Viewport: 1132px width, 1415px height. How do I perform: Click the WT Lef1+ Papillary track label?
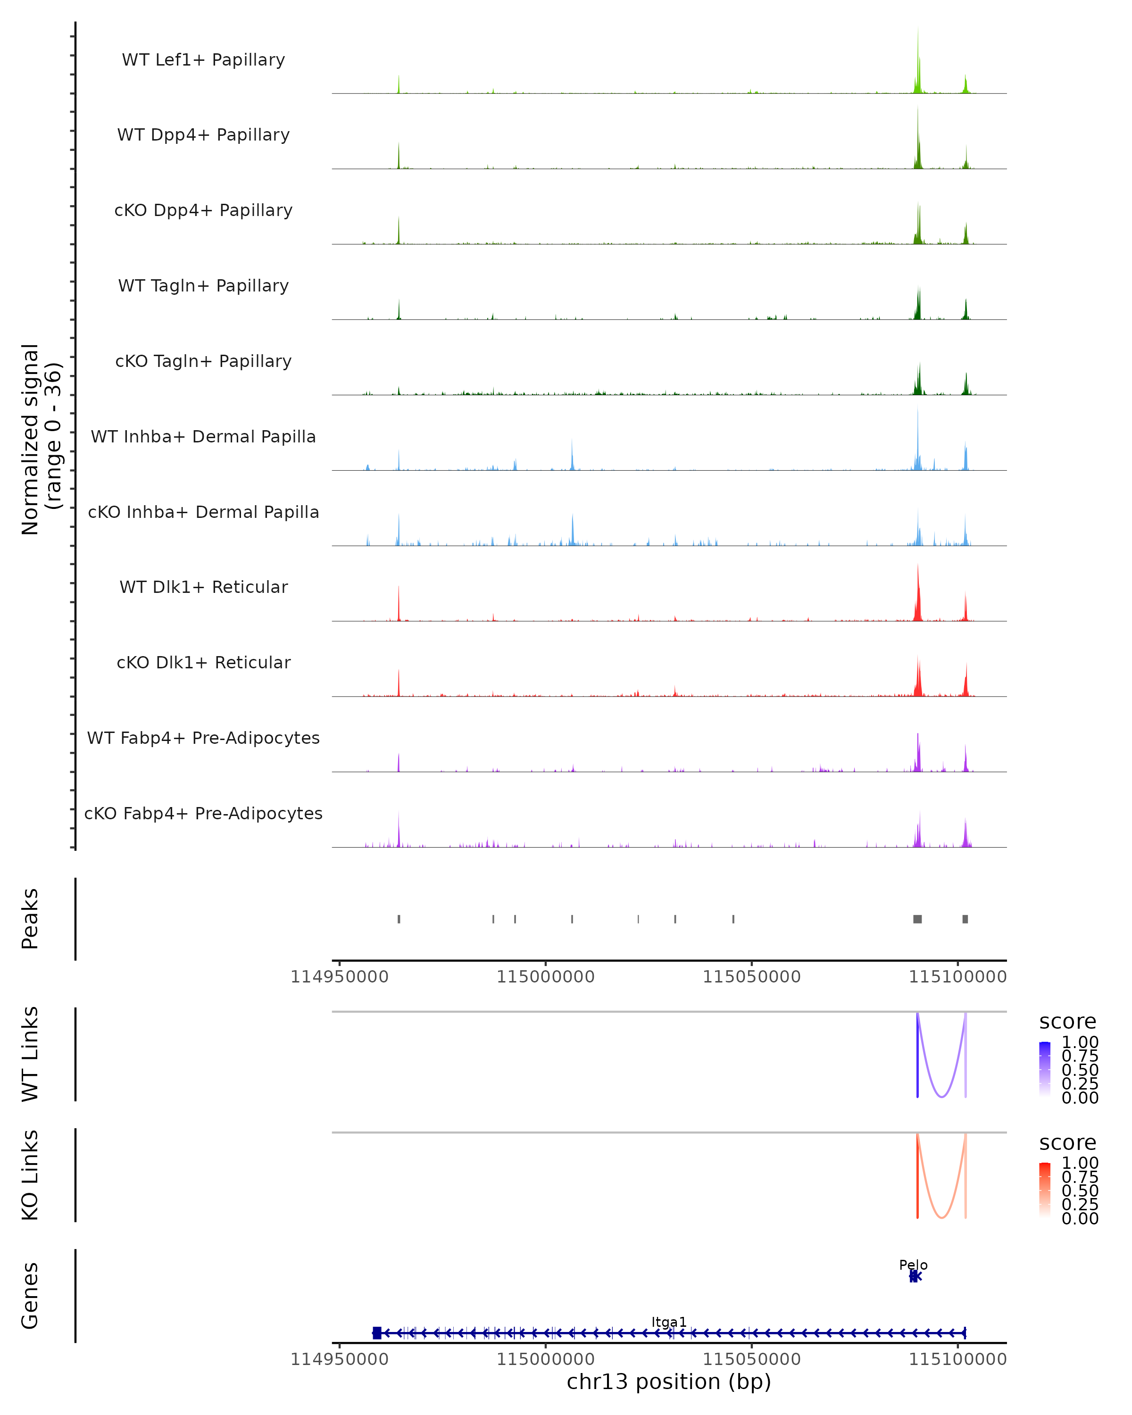pyautogui.click(x=203, y=60)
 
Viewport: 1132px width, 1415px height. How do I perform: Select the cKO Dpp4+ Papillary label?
pyautogui.click(x=203, y=211)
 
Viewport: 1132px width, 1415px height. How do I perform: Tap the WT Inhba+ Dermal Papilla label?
pyautogui.click(x=203, y=437)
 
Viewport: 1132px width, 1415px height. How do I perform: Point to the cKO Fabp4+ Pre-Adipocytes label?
pyautogui.click(x=203, y=814)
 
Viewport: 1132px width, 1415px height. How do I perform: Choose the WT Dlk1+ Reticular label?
pyautogui.click(x=203, y=587)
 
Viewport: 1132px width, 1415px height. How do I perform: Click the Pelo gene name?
pyautogui.click(x=913, y=1265)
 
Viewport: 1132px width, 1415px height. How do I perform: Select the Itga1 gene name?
pyautogui.click(x=669, y=1323)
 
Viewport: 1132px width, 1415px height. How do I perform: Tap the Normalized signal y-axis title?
pyautogui.click(x=41, y=439)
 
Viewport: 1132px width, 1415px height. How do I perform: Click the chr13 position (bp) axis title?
pyautogui.click(x=669, y=1382)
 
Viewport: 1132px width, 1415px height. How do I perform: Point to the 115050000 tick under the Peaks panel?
pyautogui.click(x=751, y=977)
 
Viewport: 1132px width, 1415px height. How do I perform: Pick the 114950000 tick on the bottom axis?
pyautogui.click(x=339, y=1359)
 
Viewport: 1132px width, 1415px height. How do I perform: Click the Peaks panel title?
pyautogui.click(x=30, y=919)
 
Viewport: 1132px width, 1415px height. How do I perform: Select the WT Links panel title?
pyautogui.click(x=30, y=1054)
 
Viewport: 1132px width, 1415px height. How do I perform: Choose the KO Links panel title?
pyautogui.click(x=30, y=1175)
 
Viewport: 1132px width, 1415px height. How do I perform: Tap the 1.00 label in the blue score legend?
pyautogui.click(x=1080, y=1042)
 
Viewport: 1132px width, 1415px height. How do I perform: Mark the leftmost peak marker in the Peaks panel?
pyautogui.click(x=399, y=919)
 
